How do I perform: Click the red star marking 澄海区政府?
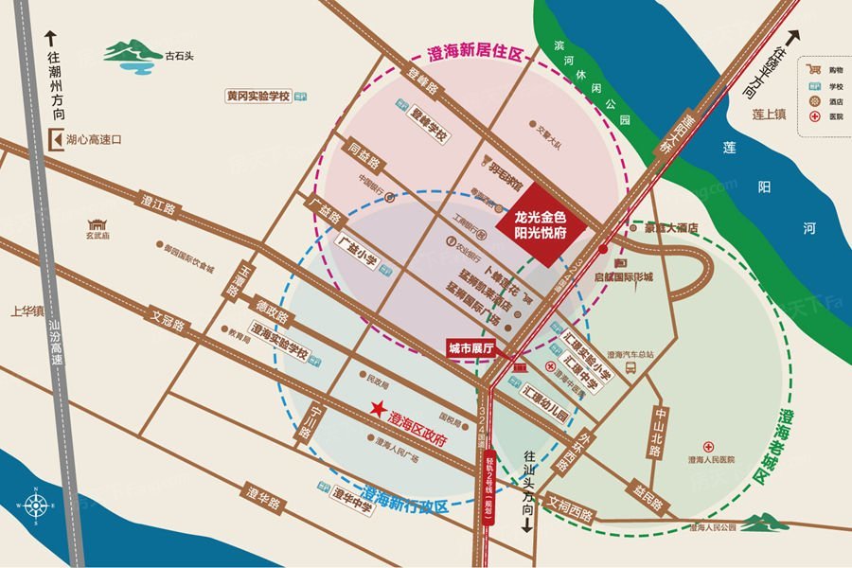coord(378,410)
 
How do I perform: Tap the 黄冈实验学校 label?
coord(257,97)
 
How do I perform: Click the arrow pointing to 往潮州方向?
coord(53,40)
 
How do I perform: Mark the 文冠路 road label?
coord(168,324)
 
